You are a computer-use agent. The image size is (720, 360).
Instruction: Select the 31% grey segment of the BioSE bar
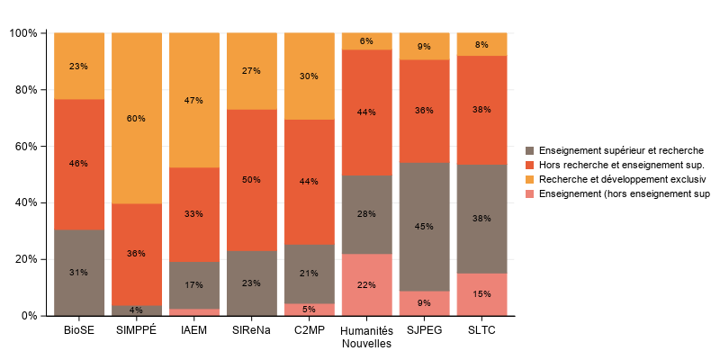[x=79, y=272]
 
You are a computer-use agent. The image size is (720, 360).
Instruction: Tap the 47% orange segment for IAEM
[x=194, y=100]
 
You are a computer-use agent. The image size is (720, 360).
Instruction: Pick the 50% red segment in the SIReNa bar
[x=252, y=180]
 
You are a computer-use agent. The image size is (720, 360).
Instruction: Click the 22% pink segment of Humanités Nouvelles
[x=366, y=284]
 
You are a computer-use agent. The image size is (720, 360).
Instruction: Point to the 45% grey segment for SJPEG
[x=424, y=227]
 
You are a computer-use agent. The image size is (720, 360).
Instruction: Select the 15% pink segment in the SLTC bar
[x=481, y=294]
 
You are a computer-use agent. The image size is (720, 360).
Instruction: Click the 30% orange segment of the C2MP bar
[x=309, y=76]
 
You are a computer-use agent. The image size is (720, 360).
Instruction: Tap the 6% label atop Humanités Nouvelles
[x=366, y=41]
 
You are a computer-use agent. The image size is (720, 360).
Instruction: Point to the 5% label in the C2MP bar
[x=309, y=310]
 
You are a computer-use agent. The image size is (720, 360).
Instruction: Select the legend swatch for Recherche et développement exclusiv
[x=530, y=179]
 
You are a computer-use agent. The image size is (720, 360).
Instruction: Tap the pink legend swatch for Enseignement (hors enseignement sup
[x=530, y=193]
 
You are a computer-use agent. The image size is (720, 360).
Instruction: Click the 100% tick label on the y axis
[x=22, y=33]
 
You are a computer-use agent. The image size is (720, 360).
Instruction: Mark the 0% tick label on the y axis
[x=29, y=316]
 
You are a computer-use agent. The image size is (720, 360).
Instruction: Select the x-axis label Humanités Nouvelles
[x=366, y=337]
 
